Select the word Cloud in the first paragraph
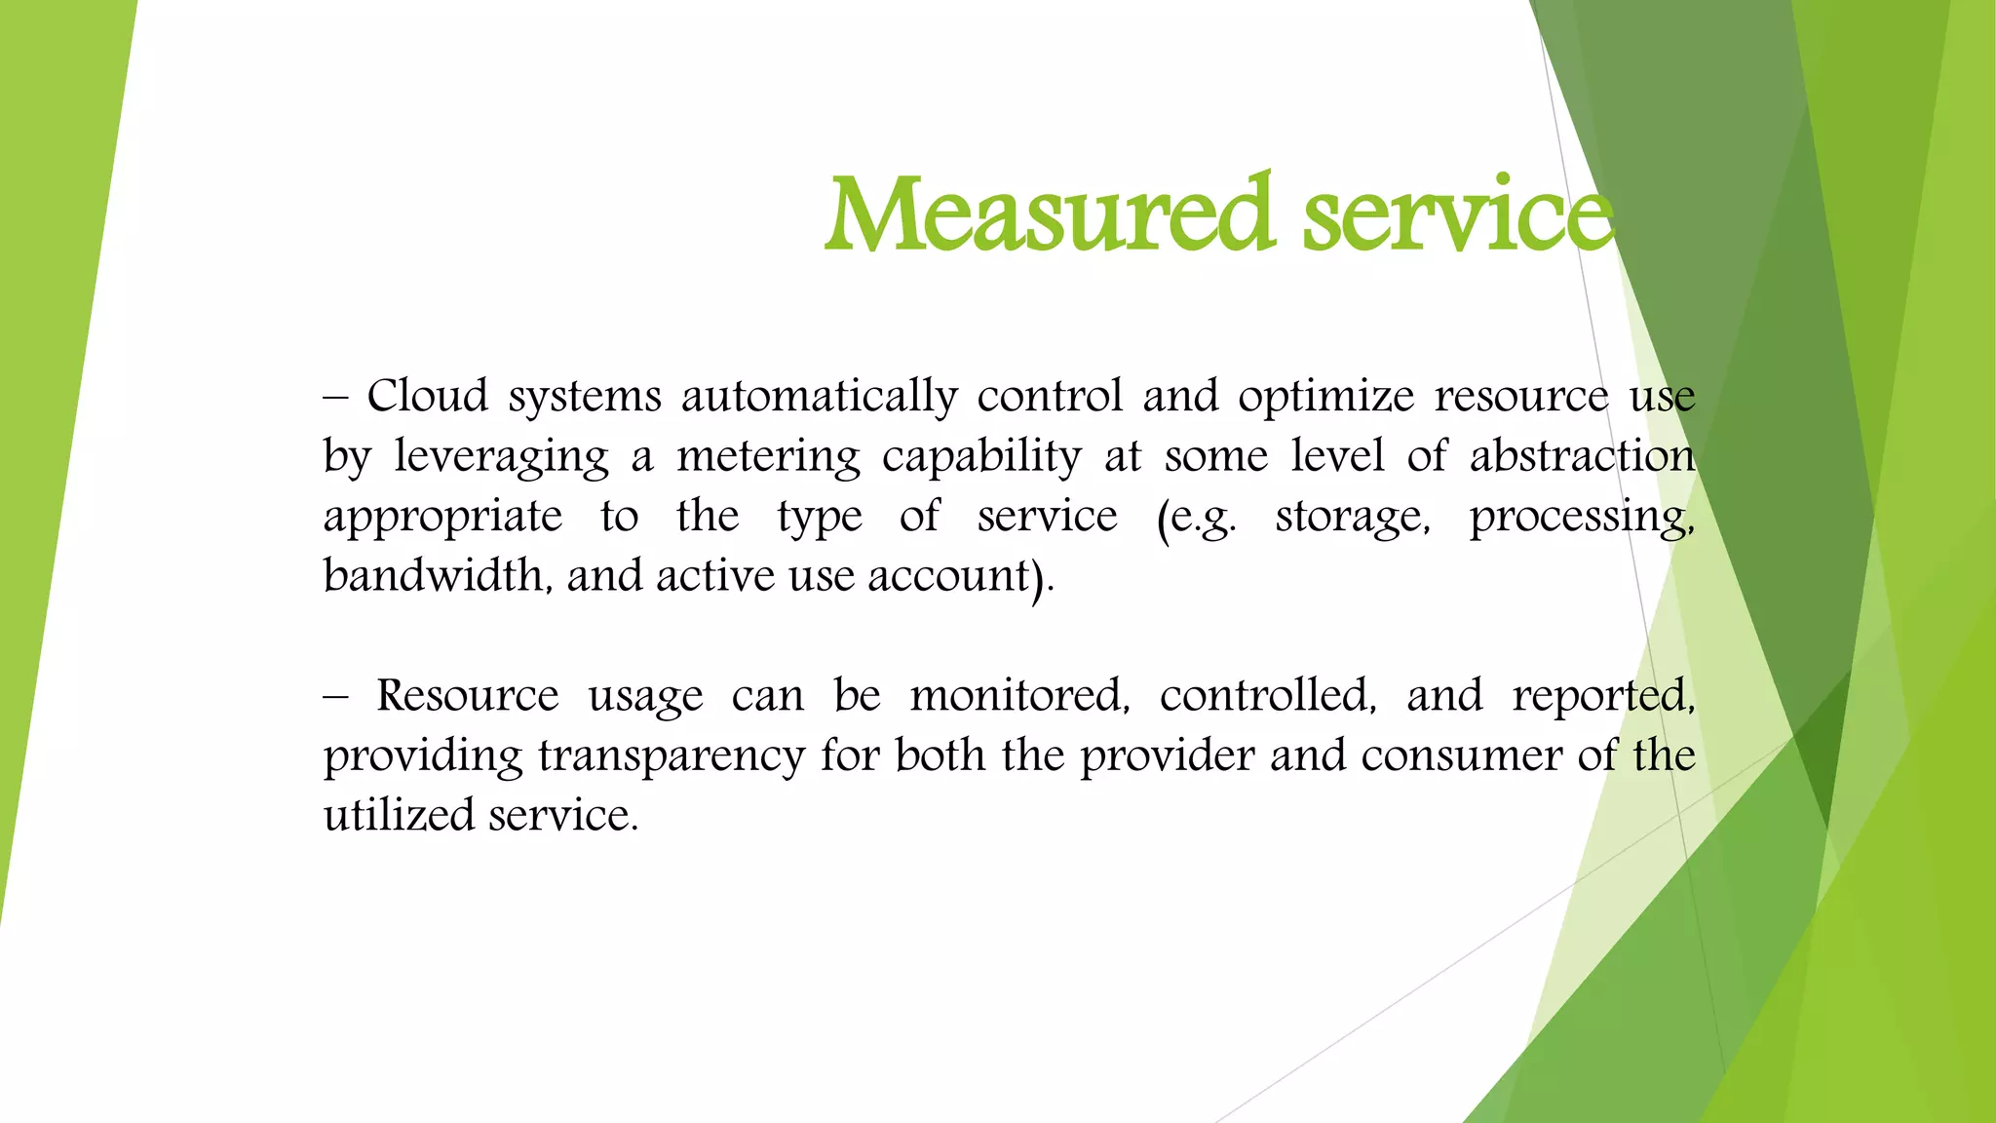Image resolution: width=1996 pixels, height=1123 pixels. [427, 397]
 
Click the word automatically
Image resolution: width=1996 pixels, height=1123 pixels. [819, 397]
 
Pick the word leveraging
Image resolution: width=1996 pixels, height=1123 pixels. [501, 457]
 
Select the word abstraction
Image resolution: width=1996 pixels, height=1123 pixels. [1582, 457]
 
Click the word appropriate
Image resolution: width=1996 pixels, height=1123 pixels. [442, 517]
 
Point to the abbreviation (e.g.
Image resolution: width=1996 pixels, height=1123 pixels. [1196, 517]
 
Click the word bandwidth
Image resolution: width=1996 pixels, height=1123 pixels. [433, 575]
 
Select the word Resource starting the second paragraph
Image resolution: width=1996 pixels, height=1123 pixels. [467, 696]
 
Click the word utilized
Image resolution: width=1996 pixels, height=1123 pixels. [398, 816]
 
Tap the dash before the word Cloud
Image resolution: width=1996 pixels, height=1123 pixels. [335, 398]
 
